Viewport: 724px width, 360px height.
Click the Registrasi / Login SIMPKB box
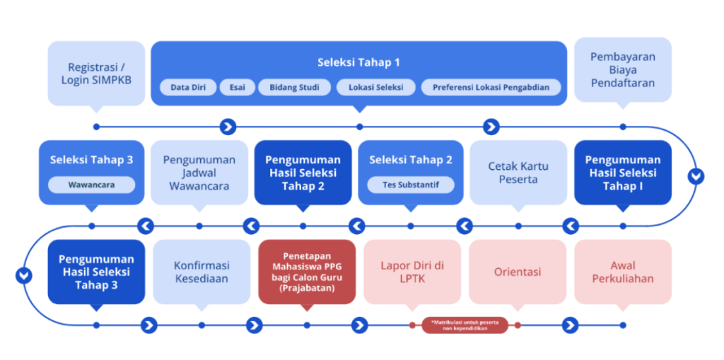(x=96, y=74)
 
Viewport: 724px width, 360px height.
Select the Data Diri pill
(x=188, y=88)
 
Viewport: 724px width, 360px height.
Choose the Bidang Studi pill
(x=294, y=88)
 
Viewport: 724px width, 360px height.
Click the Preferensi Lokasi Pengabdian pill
(x=491, y=88)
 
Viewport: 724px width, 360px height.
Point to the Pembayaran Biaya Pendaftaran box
(x=622, y=69)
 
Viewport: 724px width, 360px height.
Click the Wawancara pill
(x=91, y=185)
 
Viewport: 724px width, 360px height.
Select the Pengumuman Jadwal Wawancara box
(x=199, y=173)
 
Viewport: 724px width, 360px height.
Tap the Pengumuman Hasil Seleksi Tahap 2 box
(x=303, y=173)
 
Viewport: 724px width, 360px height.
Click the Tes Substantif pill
(x=411, y=185)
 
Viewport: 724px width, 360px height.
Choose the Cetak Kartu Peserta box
(x=518, y=173)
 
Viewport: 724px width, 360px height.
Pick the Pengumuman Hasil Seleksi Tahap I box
(x=622, y=173)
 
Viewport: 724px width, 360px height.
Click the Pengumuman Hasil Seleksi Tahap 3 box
(x=96, y=272)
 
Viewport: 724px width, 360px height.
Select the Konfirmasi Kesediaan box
(x=202, y=272)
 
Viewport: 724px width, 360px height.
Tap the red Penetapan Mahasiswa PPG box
(x=306, y=272)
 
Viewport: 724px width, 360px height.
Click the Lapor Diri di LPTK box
(x=412, y=272)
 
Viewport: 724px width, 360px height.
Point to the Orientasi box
(x=518, y=272)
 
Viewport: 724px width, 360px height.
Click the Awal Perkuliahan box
(x=622, y=272)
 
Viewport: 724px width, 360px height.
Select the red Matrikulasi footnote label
(x=465, y=325)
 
